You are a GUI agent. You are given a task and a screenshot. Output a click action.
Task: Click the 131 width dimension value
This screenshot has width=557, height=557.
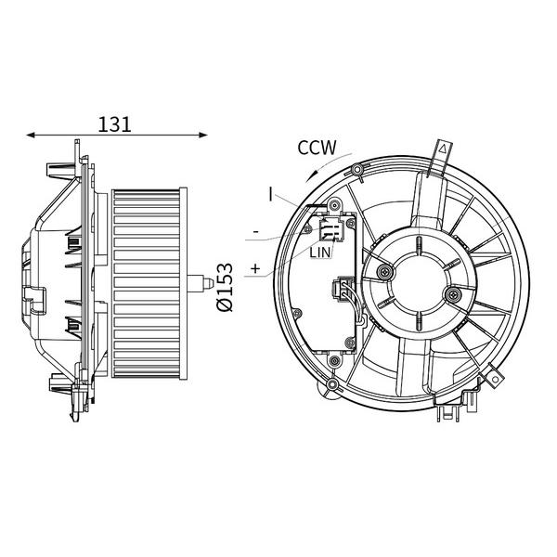click(x=114, y=124)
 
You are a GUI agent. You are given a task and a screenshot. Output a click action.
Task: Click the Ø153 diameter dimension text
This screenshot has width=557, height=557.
click(x=226, y=287)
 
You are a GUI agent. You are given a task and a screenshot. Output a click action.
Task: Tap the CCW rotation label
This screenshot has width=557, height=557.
click(x=317, y=148)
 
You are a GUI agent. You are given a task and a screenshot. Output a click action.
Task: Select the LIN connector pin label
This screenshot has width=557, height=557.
click(x=320, y=253)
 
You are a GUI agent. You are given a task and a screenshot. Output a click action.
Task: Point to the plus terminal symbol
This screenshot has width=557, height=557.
click(x=255, y=268)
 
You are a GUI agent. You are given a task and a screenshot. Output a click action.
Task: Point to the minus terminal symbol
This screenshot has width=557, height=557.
click(x=256, y=232)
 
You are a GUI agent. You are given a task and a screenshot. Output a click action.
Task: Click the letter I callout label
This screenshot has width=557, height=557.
click(x=271, y=195)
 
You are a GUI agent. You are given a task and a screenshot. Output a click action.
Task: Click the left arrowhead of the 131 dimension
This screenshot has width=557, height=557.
click(x=31, y=135)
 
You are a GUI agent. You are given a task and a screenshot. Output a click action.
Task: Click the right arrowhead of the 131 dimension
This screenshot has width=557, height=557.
click(x=203, y=135)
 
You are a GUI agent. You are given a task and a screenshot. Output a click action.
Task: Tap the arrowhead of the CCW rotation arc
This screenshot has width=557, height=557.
click(x=310, y=176)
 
